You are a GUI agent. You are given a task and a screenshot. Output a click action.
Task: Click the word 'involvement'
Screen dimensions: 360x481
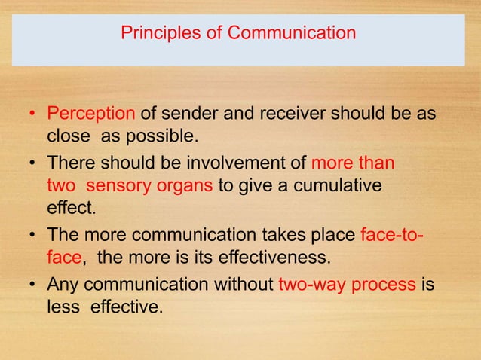[239, 163]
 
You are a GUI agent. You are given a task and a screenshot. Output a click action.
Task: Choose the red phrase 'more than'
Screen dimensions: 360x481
[353, 163]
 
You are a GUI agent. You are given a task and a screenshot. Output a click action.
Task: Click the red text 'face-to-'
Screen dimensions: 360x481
[392, 234]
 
